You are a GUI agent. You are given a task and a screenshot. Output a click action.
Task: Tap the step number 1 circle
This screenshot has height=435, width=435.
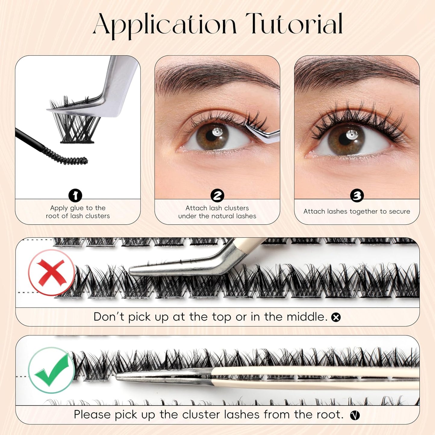point(75,195)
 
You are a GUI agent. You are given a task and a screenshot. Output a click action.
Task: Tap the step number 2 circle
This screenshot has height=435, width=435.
point(217,196)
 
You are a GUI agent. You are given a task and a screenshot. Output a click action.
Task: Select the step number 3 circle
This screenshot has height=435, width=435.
point(357,196)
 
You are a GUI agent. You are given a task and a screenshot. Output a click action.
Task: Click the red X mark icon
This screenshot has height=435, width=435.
point(51,272)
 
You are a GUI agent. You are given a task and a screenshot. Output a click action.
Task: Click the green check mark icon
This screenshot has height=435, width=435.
point(51,370)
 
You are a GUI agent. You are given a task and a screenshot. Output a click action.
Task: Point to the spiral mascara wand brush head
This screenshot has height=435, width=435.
point(68,157)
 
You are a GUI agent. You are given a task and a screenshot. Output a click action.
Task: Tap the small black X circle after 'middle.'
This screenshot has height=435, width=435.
point(336,317)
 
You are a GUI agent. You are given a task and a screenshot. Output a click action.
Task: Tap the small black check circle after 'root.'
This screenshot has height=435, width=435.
point(355,415)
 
